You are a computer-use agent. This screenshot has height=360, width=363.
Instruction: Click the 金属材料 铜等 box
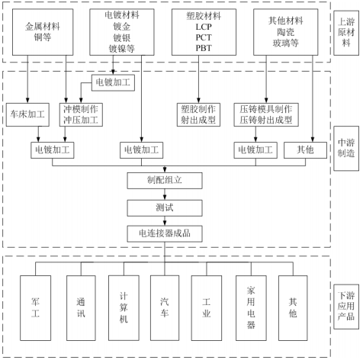[43, 32]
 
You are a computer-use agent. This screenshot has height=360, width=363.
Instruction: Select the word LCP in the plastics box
[204, 27]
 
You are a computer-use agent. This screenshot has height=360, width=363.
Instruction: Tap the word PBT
[204, 48]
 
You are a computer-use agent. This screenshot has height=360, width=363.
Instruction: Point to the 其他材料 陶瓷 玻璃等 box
[286, 32]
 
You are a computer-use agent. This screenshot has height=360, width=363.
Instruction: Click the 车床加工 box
[27, 114]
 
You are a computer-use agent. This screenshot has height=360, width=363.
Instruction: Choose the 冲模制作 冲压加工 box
[81, 114]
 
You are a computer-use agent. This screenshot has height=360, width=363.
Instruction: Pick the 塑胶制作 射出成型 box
[198, 114]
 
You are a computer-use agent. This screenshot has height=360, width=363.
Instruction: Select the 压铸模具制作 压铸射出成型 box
[266, 114]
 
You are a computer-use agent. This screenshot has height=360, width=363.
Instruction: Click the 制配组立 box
[165, 181]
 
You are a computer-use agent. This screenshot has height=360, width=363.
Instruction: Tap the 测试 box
[165, 208]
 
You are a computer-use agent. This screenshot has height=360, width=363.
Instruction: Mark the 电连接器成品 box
[165, 233]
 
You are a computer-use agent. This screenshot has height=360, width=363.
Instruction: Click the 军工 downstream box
[35, 308]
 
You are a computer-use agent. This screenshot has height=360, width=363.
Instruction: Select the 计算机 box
[124, 308]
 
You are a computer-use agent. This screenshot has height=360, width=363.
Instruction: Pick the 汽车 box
[165, 308]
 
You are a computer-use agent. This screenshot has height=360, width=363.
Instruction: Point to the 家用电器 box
[251, 308]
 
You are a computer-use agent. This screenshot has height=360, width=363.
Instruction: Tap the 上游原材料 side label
[346, 33]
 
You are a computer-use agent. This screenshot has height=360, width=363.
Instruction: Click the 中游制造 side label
[346, 148]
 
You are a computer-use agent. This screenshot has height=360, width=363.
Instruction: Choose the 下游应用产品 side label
[346, 307]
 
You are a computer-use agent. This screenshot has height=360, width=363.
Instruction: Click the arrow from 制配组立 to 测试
[165, 194]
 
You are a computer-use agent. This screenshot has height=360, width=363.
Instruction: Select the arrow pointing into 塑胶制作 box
[198, 79]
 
